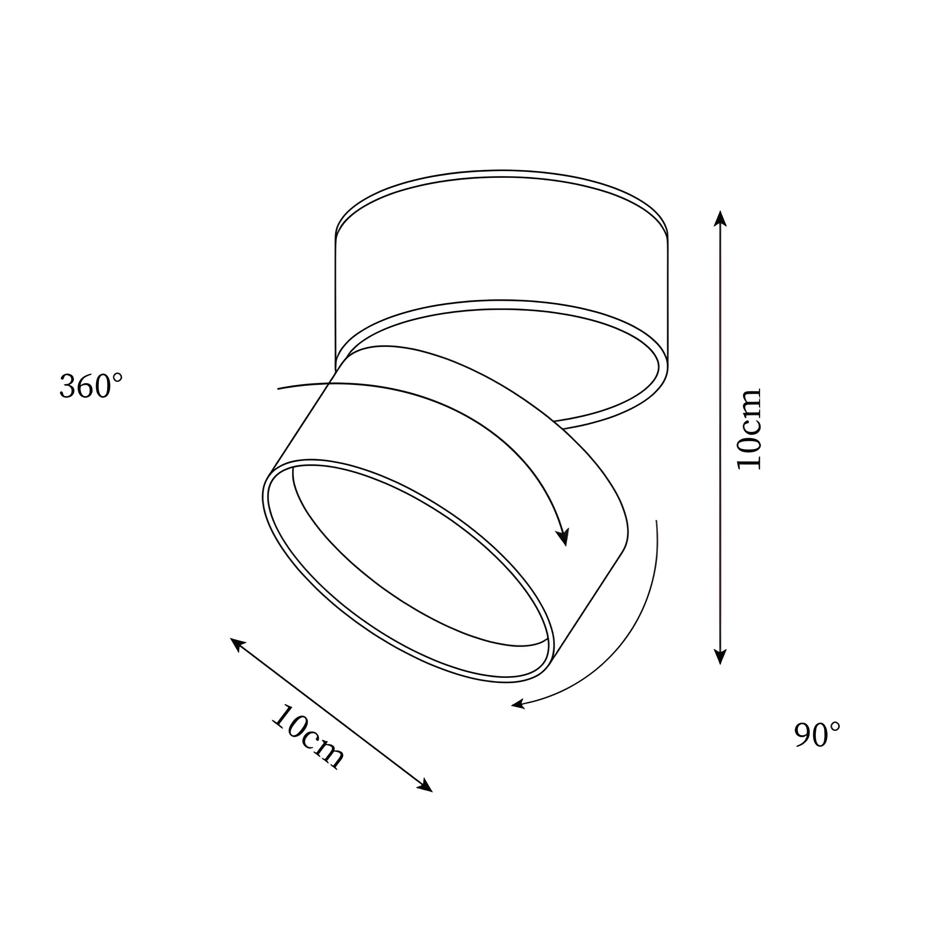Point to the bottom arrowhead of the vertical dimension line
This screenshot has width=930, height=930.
click(720, 657)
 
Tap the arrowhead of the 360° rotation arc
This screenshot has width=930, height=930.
click(563, 538)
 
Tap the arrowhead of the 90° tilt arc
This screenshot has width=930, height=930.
click(518, 705)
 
